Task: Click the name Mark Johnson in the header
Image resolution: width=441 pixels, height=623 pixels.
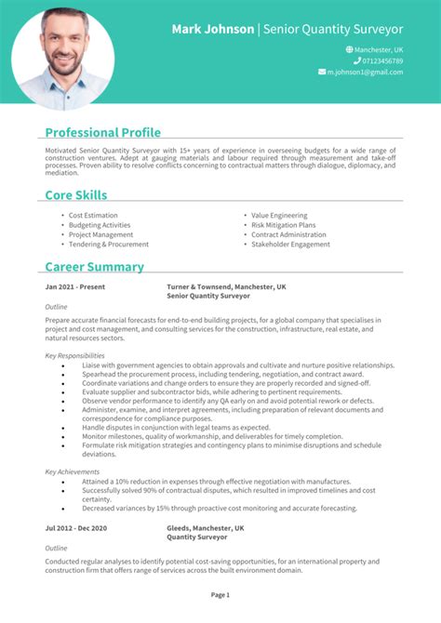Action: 213,29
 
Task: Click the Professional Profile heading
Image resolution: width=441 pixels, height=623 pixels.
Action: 102,132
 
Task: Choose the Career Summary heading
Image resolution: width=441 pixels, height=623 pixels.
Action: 94,267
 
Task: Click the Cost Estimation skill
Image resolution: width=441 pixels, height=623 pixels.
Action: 93,215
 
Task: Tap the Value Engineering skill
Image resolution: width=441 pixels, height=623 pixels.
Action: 280,215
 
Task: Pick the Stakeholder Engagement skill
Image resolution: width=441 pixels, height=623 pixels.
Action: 290,245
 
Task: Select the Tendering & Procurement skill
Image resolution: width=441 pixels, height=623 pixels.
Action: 108,245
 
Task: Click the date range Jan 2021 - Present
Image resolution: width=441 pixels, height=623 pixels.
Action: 74,287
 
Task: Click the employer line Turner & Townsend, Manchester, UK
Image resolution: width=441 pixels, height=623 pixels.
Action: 226,287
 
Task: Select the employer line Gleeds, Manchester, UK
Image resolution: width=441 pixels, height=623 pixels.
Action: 205,527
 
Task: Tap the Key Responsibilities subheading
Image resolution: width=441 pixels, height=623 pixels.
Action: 74,355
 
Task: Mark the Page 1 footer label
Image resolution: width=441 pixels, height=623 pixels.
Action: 220,594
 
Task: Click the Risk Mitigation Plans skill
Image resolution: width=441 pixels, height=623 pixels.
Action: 283,225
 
